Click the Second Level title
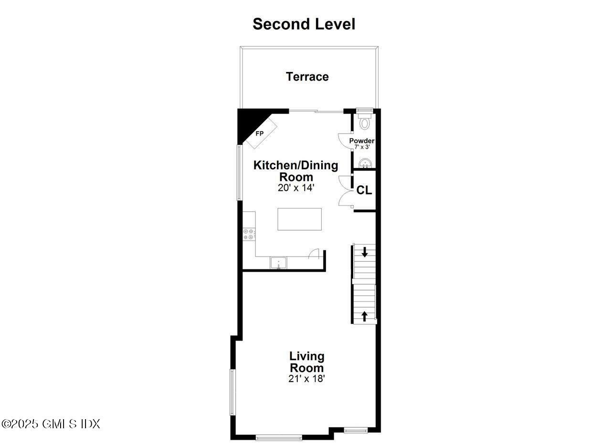[304, 24]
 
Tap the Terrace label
[307, 77]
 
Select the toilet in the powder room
[365, 122]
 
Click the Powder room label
[362, 141]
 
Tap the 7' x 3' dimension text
[362, 147]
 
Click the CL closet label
[364, 190]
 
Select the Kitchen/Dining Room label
[295, 171]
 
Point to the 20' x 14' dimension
[295, 188]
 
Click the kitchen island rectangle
[299, 219]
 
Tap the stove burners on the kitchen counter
[249, 234]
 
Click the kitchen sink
[278, 263]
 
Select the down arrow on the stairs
[365, 251]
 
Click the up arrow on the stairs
[365, 315]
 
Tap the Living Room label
[307, 362]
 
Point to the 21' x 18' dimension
[307, 379]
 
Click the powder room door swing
[345, 141]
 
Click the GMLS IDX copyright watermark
[51, 423]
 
